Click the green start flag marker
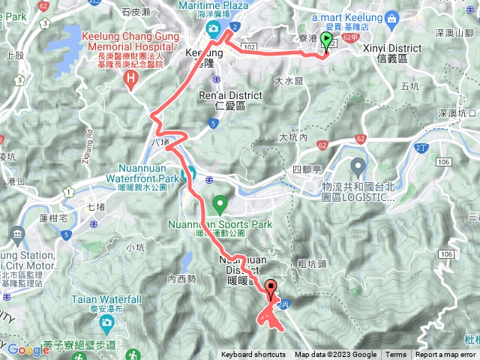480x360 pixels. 326,42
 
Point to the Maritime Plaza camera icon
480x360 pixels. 213,29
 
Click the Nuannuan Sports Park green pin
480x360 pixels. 220,203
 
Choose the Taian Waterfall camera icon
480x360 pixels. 106,323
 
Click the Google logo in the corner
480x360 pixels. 28,349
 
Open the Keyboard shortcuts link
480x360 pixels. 253,355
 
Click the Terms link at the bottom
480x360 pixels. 396,355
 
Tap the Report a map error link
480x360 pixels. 447,355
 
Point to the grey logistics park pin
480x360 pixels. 358,165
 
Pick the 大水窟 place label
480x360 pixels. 288,80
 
